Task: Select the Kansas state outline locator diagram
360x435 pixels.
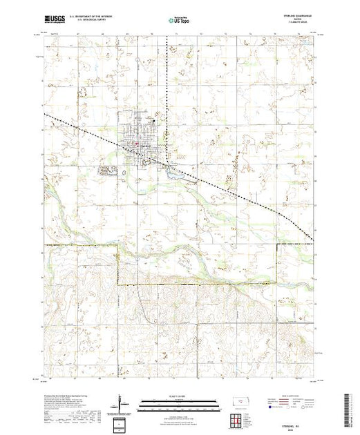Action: [239, 400]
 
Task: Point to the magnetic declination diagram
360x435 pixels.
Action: [123, 402]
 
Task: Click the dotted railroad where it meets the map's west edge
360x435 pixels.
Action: [45, 114]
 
